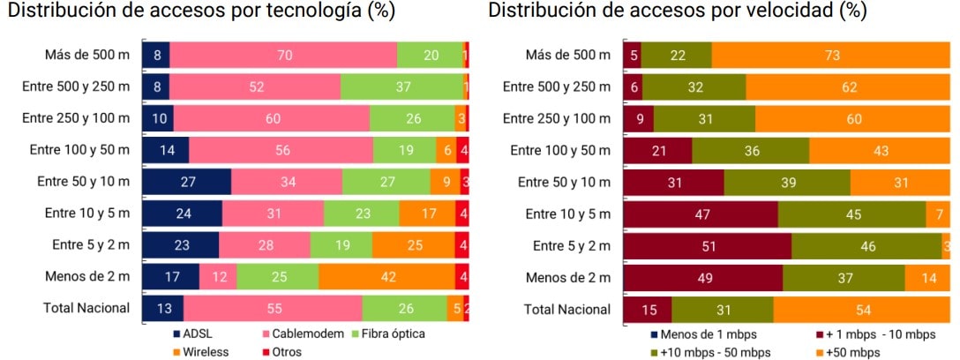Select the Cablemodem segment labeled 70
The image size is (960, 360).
tap(283, 55)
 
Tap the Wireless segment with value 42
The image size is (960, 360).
tap(386, 277)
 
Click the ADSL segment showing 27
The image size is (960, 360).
tap(186, 182)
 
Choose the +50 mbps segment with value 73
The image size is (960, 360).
tap(830, 55)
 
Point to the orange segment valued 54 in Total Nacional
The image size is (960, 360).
tap(861, 309)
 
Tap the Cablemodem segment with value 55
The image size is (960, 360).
tap(273, 309)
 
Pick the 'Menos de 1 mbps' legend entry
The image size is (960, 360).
tap(701, 334)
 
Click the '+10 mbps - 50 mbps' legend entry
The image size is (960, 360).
tap(710, 352)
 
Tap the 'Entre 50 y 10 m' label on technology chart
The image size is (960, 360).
tap(83, 182)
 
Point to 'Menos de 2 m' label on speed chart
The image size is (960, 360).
tap(569, 277)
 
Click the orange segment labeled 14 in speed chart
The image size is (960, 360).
tap(927, 277)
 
